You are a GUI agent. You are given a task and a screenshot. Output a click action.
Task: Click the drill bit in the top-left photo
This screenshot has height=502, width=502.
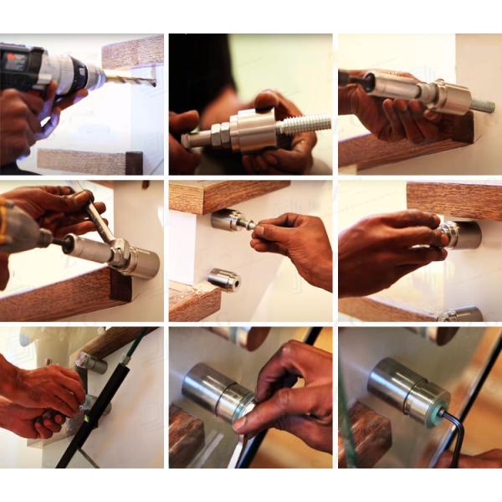[x=132, y=81]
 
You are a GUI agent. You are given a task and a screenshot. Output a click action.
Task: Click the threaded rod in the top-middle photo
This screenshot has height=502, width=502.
[x=301, y=125]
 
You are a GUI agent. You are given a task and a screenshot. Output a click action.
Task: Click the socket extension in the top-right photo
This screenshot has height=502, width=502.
[x=393, y=85]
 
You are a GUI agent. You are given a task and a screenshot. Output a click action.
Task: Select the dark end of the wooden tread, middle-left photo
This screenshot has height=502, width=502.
[x=120, y=285]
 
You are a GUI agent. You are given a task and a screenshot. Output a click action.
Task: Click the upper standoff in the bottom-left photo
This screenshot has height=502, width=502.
[x=91, y=362]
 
